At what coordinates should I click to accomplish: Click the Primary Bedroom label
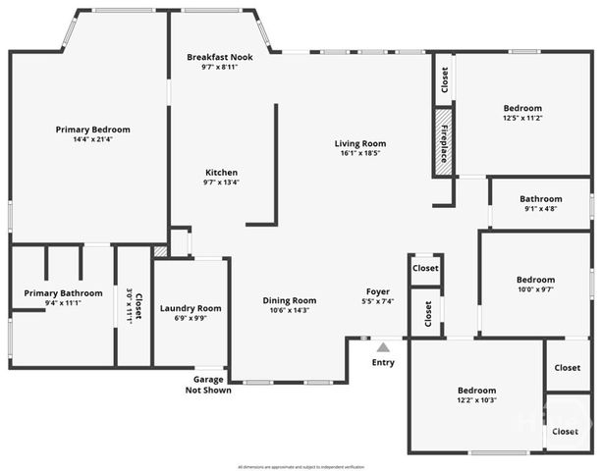pyautogui.click(x=92, y=130)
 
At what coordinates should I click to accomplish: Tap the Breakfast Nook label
pyautogui.click(x=220, y=57)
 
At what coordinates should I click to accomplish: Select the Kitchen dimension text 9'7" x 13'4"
pyautogui.click(x=221, y=182)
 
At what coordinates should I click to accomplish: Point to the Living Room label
pyautogui.click(x=360, y=143)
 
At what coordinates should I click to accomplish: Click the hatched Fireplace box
pyautogui.click(x=444, y=142)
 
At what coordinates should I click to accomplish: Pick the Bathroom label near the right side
pyautogui.click(x=540, y=198)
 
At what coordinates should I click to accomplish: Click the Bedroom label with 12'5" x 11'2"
pyautogui.click(x=522, y=108)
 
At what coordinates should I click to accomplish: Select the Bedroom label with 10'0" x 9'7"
pyautogui.click(x=536, y=280)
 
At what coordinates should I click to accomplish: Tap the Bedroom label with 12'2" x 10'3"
pyautogui.click(x=476, y=390)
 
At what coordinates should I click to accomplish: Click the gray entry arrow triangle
pyautogui.click(x=383, y=345)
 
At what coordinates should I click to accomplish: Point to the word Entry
pyautogui.click(x=383, y=362)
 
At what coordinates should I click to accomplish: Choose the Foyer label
pyautogui.click(x=378, y=291)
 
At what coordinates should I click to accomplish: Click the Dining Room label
pyautogui.click(x=289, y=300)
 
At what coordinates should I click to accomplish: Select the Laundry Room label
pyautogui.click(x=191, y=308)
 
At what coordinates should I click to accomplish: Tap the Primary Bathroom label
pyautogui.click(x=63, y=292)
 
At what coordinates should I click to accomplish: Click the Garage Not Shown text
pyautogui.click(x=208, y=385)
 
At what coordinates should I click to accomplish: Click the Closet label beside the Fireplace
pyautogui.click(x=444, y=79)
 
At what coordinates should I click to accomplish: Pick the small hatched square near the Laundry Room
pyautogui.click(x=161, y=251)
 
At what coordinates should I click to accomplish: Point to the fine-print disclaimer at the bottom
pyautogui.click(x=301, y=466)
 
